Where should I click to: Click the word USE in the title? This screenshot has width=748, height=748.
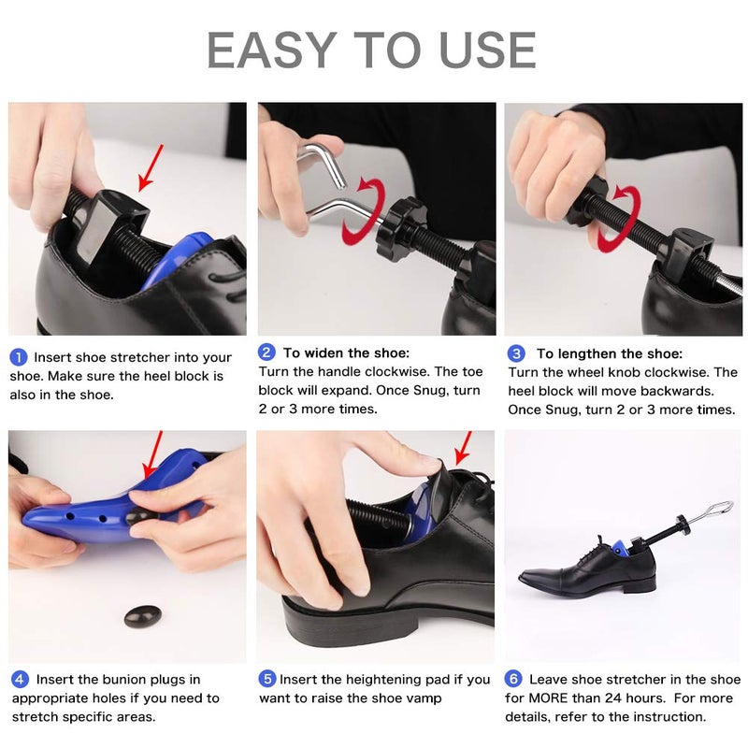pos(482,50)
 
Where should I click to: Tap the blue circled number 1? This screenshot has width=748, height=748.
pos(19,357)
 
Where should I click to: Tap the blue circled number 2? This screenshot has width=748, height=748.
pos(266,352)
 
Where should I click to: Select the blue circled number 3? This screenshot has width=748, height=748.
pos(516,353)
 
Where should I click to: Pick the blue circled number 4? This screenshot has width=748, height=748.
pos(19,680)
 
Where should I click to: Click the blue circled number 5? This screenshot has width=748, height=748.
pos(266,680)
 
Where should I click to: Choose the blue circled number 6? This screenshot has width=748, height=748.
pos(513,680)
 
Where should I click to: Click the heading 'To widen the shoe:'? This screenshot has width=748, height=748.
pos(346,353)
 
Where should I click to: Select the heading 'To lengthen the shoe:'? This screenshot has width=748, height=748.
pos(609,353)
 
